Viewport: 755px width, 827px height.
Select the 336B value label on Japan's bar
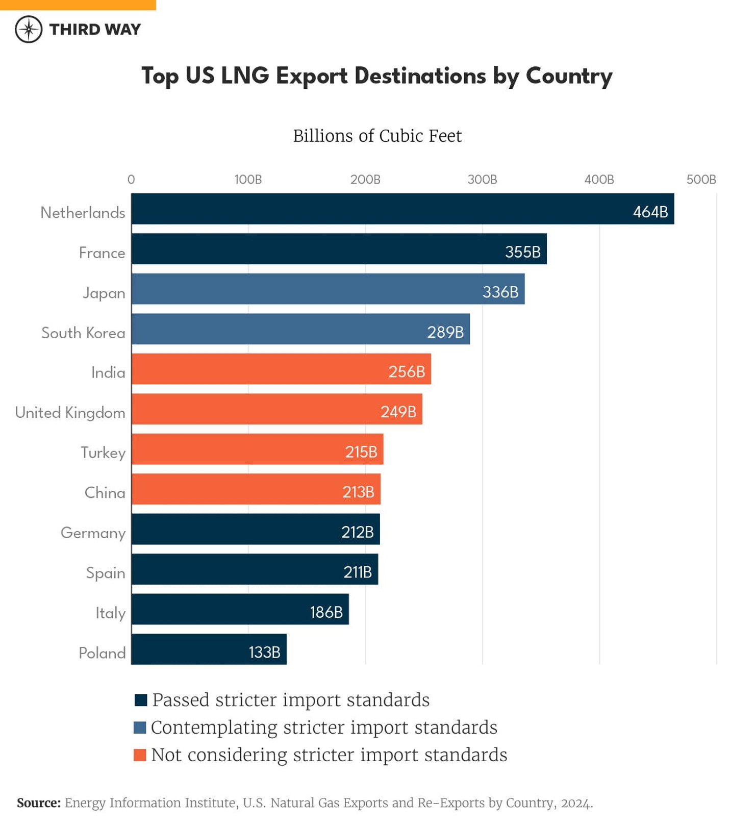500,292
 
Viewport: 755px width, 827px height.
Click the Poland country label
102,653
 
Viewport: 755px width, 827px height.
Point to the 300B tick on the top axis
482,180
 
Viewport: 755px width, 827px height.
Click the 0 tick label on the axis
131,180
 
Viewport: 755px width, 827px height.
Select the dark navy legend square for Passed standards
141,699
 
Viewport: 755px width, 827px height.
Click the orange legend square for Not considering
140,755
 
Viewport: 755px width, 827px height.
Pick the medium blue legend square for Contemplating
140,727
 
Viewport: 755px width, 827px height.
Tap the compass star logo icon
29,29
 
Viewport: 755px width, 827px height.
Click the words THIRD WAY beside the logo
95,30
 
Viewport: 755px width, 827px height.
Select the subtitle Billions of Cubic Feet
377,136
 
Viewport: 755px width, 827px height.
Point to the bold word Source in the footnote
38,803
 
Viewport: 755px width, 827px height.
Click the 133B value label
264,652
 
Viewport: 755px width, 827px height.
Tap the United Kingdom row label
70,412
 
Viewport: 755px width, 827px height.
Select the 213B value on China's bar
358,492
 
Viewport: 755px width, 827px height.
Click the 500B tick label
701,180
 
